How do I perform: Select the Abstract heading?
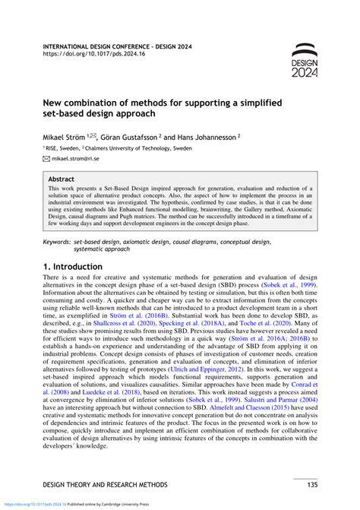click(x=62, y=181)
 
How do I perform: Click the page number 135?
click(x=311, y=484)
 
